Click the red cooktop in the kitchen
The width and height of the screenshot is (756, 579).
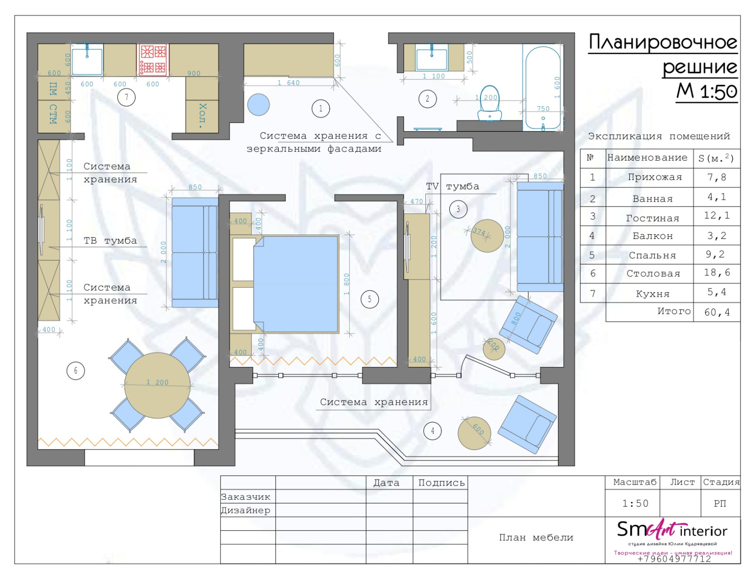(x=153, y=59)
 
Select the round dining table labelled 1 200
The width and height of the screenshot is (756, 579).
(x=157, y=385)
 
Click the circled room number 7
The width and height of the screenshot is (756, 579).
(x=126, y=97)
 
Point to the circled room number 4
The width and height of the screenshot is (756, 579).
(x=432, y=431)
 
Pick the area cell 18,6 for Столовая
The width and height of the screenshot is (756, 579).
(x=717, y=272)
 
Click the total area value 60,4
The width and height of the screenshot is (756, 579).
(x=717, y=312)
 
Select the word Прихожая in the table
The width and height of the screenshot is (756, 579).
(x=654, y=178)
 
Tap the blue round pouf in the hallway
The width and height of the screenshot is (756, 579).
(x=258, y=105)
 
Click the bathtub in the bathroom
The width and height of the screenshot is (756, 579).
(x=543, y=88)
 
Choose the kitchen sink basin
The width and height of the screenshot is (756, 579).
(x=87, y=60)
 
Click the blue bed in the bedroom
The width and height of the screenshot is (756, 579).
(x=296, y=284)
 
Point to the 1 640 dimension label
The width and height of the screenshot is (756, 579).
(x=288, y=83)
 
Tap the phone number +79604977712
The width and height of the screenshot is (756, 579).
(x=674, y=559)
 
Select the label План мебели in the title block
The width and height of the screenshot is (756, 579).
(x=536, y=537)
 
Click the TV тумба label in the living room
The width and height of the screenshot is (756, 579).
(x=452, y=187)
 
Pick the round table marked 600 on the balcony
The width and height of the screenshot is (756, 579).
(x=474, y=433)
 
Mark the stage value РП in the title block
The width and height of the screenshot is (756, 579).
(x=720, y=503)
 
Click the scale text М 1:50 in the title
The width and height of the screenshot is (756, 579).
(x=706, y=91)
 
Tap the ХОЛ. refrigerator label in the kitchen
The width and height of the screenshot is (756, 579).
(x=202, y=115)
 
